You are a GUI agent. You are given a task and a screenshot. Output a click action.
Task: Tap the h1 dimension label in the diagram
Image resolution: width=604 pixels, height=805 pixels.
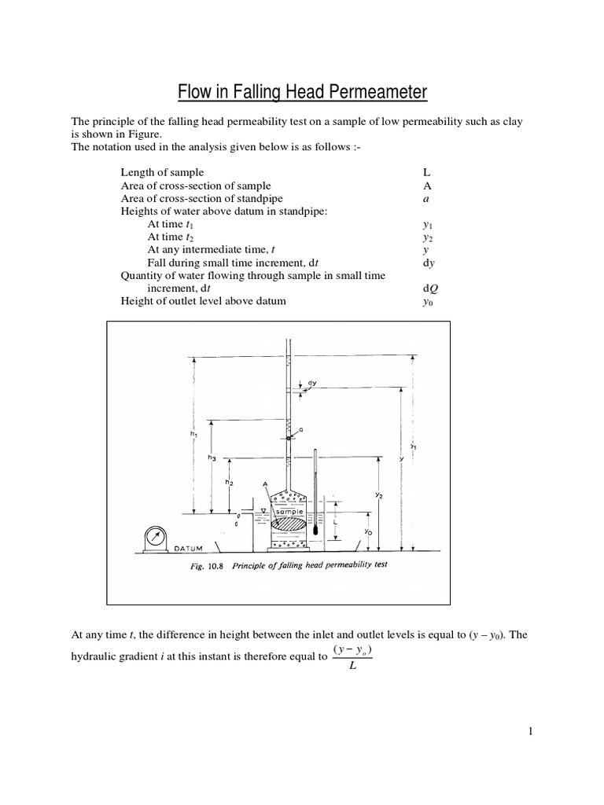pyautogui.click(x=193, y=433)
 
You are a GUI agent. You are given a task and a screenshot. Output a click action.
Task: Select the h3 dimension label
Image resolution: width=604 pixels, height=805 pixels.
pyautogui.click(x=212, y=457)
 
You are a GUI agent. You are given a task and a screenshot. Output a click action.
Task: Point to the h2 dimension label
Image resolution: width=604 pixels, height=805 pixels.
pyautogui.click(x=229, y=482)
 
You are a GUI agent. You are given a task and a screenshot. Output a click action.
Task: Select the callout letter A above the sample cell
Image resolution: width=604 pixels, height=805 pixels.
pyautogui.click(x=265, y=484)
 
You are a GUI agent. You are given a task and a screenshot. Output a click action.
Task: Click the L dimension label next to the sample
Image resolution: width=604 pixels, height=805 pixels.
pyautogui.click(x=335, y=521)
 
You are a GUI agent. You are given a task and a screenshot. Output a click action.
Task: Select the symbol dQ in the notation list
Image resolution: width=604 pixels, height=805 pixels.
pyautogui.click(x=430, y=288)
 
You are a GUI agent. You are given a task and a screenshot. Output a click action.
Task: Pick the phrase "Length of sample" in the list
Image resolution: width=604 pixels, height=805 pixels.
pyautogui.click(x=162, y=172)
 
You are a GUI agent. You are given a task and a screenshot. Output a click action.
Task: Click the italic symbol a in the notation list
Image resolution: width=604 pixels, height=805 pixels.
pyautogui.click(x=425, y=198)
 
